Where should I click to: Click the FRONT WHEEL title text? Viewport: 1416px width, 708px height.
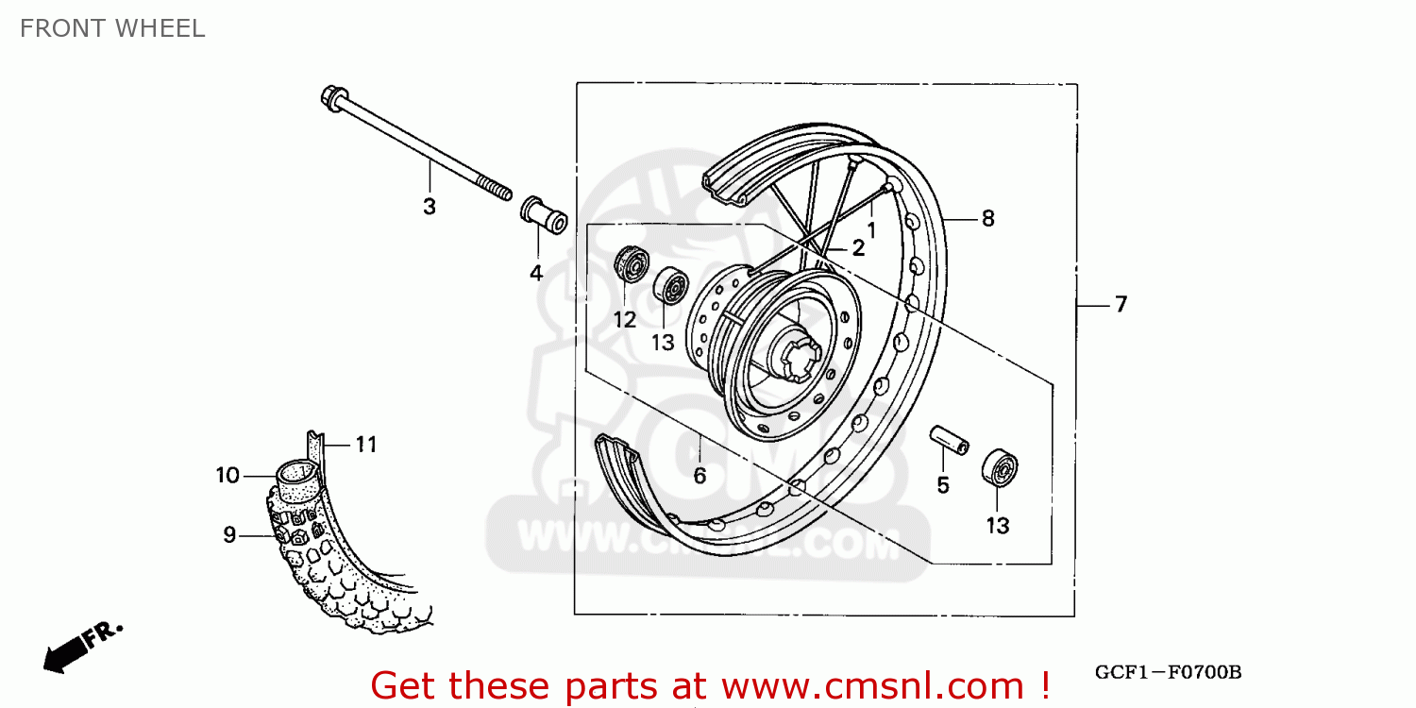(111, 29)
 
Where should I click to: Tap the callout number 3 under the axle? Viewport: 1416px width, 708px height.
(430, 207)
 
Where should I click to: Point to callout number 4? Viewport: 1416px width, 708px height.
(536, 274)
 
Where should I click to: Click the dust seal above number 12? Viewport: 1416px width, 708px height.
(629, 264)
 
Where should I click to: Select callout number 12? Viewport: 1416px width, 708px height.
(625, 320)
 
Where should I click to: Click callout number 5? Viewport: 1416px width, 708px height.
(943, 485)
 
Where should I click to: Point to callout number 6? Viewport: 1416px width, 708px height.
(700, 477)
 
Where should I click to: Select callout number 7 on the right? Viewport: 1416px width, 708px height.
(1121, 305)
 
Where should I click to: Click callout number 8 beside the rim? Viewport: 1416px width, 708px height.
(987, 219)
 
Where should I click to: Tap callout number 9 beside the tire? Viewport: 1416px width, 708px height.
(229, 535)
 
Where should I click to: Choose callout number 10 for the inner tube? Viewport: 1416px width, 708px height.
(228, 476)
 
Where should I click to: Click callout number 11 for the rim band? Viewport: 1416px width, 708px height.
(366, 444)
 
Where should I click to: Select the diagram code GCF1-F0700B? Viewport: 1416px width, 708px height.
(1168, 673)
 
